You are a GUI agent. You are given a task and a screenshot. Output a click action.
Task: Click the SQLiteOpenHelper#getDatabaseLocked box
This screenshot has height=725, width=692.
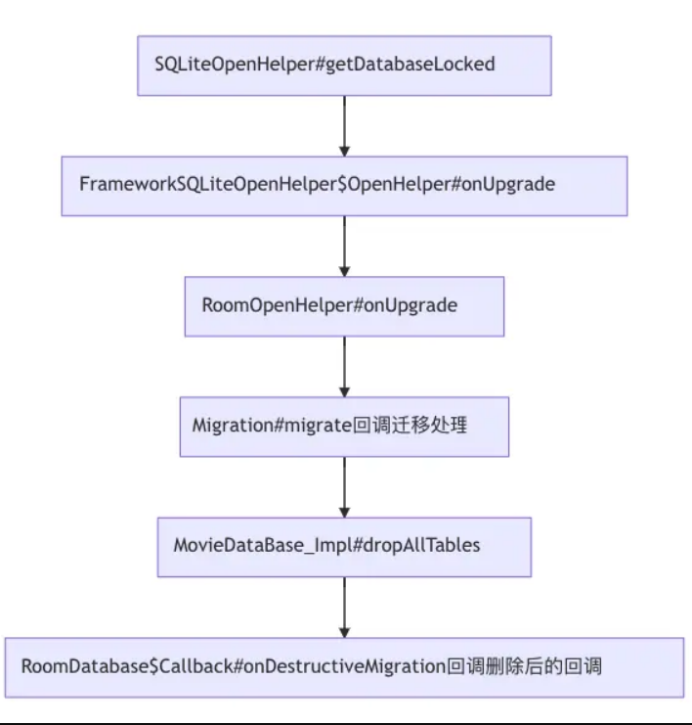pyautogui.click(x=344, y=66)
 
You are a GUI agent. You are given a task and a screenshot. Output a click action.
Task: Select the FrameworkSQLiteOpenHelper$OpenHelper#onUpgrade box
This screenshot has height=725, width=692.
pyautogui.click(x=344, y=185)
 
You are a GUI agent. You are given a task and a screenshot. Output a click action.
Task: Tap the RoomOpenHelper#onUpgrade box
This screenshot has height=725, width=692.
pyautogui.click(x=344, y=305)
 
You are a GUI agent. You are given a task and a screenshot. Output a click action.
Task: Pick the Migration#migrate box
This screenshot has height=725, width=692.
pyautogui.click(x=344, y=426)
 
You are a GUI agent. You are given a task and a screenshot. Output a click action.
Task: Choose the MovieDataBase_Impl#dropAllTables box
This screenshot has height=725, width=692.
pyautogui.click(x=344, y=546)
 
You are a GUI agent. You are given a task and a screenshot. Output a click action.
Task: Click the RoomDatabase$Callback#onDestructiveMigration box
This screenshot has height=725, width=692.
pyautogui.click(x=344, y=667)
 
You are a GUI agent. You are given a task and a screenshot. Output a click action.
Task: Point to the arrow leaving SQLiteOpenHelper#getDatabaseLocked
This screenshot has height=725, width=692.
pyautogui.click(x=344, y=125)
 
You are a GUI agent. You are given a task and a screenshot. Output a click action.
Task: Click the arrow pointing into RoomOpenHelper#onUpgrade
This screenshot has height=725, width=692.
pyautogui.click(x=344, y=247)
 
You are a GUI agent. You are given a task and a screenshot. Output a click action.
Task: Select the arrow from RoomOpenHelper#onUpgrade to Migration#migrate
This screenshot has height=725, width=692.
pyautogui.click(x=344, y=366)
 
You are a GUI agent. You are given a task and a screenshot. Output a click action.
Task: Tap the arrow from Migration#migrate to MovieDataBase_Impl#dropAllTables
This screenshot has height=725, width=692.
pyautogui.click(x=344, y=486)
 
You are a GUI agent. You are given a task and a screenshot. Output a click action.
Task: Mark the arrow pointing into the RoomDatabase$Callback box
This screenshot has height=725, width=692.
pyautogui.click(x=344, y=607)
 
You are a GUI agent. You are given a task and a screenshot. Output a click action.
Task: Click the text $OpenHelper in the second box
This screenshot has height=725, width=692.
pyautogui.click(x=389, y=185)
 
